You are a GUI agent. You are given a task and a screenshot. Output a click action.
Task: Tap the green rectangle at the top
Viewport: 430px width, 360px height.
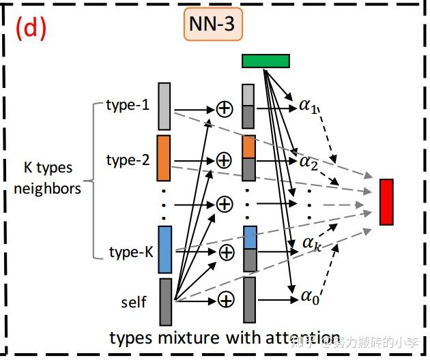266,61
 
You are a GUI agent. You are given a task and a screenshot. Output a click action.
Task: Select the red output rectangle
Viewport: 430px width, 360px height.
386,201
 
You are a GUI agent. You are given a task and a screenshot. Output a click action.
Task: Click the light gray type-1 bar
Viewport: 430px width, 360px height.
164,106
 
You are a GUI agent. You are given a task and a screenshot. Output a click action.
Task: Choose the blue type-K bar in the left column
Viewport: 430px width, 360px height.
164,249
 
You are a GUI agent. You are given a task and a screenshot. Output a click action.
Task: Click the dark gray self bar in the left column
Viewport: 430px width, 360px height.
165,301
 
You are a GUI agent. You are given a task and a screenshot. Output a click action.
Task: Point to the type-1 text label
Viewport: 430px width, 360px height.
127,106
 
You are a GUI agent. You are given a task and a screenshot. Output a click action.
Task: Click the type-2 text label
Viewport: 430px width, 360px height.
128,161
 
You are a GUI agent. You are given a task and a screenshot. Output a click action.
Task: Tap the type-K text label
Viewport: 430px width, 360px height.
131,252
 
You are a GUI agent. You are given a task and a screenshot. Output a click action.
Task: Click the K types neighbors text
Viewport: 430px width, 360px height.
47,177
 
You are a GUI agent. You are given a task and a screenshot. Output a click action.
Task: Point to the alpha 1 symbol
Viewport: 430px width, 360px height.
309,106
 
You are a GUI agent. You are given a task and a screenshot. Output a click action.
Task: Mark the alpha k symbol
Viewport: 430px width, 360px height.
311,243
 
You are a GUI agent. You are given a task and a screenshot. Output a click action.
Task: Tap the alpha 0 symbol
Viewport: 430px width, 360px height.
309,297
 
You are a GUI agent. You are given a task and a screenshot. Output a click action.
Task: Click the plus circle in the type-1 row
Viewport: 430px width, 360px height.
224,108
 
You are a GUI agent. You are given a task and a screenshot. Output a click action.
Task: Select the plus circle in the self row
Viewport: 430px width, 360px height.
225,299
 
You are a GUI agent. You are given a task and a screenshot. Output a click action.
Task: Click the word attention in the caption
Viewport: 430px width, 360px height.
296,337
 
